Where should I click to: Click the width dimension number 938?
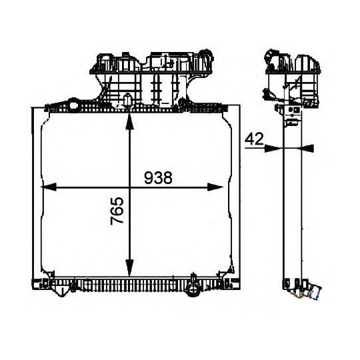coord(158,177)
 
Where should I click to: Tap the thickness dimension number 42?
coord(253,139)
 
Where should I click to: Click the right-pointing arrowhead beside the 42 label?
coord(270,148)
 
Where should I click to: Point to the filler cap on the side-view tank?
coord(270,55)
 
